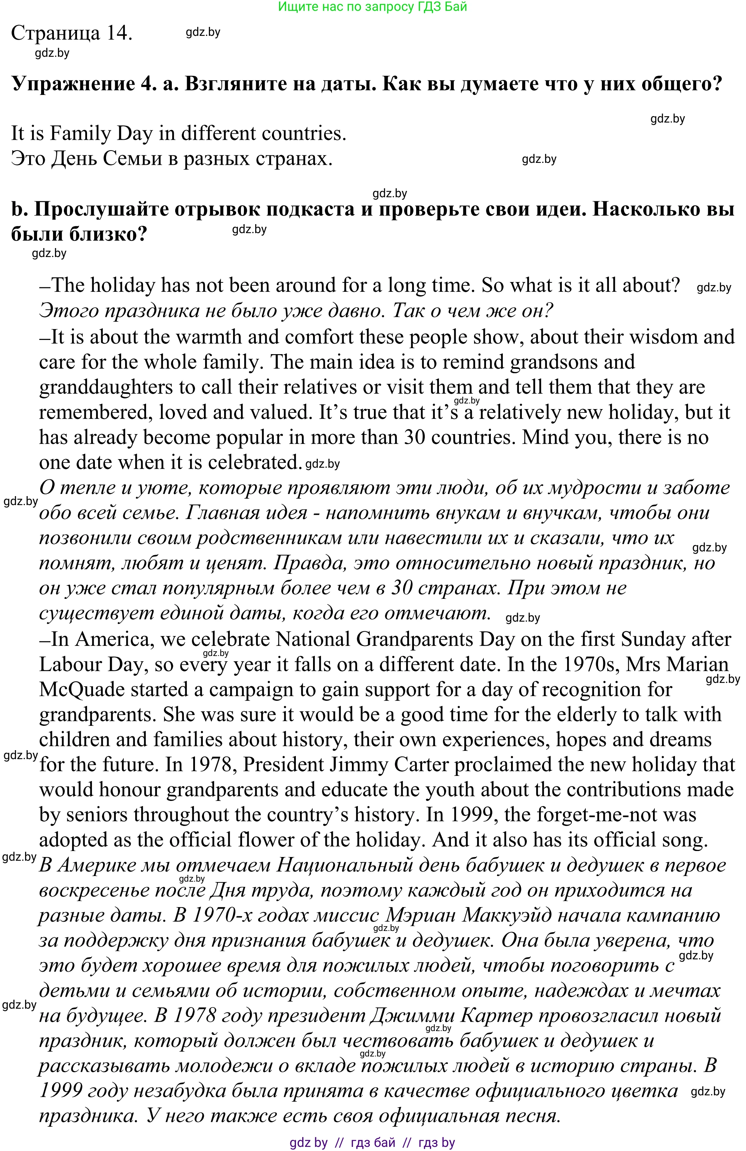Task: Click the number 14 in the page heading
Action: click(x=120, y=33)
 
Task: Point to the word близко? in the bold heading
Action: click(x=112, y=235)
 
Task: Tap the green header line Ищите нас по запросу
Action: click(x=372, y=7)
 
